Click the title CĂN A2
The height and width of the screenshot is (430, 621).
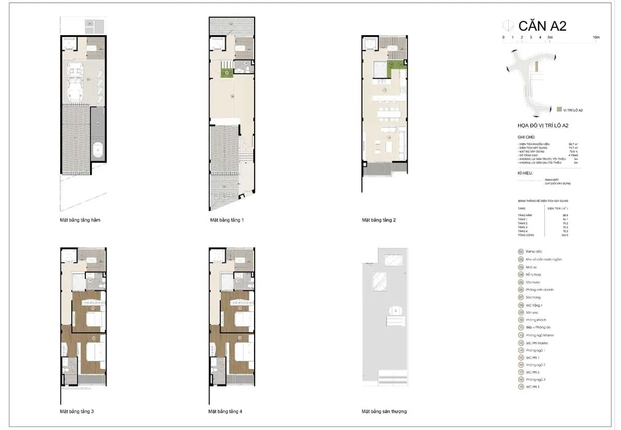click(542, 26)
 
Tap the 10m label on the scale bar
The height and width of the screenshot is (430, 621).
click(596, 37)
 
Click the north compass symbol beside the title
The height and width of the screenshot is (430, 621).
click(509, 26)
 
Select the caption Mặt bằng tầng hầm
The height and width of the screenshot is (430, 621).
click(80, 220)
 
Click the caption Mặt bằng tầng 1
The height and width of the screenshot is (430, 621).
click(227, 220)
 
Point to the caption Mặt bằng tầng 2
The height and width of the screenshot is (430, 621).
click(379, 220)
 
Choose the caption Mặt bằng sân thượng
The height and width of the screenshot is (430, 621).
click(384, 411)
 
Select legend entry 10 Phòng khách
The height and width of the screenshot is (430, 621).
click(533, 320)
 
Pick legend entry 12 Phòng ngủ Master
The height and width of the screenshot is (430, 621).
click(536, 335)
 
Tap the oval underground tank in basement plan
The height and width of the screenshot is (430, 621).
click(98, 151)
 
